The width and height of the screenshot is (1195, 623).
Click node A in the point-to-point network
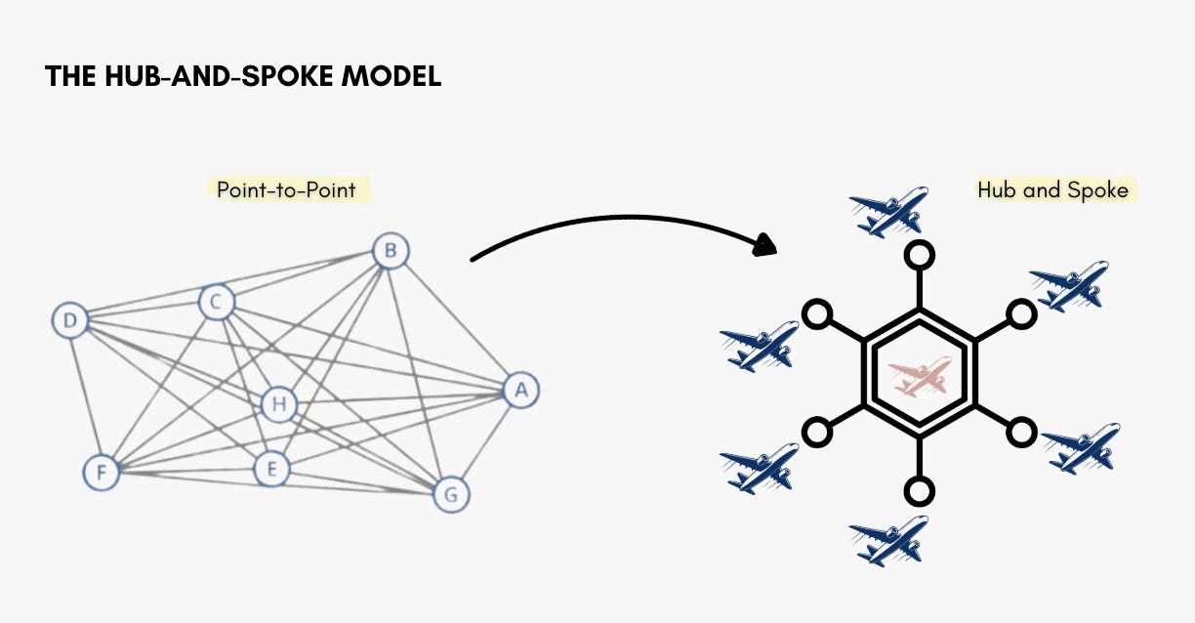(x=521, y=391)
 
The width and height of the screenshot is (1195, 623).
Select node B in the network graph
(x=391, y=252)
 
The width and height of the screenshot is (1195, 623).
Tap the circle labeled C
(x=216, y=303)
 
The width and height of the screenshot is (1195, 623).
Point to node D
(x=69, y=320)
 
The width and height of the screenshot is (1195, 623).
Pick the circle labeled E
(x=271, y=470)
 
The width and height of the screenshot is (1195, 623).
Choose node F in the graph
(x=100, y=473)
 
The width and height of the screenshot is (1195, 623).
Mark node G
(x=450, y=494)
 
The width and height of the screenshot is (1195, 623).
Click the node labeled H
(x=278, y=403)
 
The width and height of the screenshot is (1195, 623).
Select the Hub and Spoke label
(x=1052, y=189)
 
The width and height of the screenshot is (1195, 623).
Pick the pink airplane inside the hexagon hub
(x=919, y=376)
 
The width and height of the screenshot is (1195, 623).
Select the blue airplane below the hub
(x=888, y=541)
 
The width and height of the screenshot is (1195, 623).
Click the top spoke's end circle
(x=919, y=257)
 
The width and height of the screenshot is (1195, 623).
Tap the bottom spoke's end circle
(x=919, y=490)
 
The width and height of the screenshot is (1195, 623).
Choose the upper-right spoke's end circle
(x=1020, y=314)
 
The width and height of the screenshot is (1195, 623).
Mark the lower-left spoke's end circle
(x=817, y=431)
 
